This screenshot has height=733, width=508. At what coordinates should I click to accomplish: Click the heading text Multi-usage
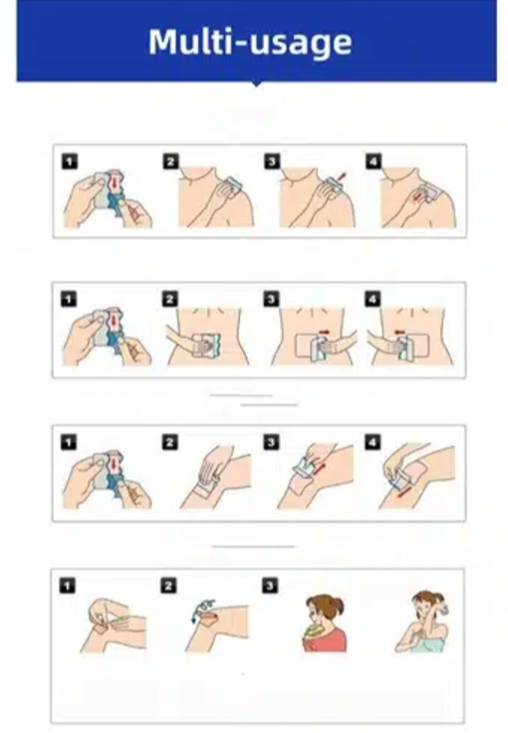(x=250, y=43)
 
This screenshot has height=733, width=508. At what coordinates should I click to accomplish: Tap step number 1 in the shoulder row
(x=69, y=161)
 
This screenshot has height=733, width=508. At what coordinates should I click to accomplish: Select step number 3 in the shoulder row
(x=272, y=161)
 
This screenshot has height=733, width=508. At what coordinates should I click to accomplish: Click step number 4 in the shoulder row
(x=374, y=161)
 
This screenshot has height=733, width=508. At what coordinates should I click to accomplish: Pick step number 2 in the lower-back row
(x=170, y=299)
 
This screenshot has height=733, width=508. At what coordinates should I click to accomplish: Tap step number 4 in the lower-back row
(x=373, y=299)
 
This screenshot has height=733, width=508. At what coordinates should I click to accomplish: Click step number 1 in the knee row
(x=69, y=442)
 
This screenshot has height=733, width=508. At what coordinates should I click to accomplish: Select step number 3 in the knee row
(x=271, y=442)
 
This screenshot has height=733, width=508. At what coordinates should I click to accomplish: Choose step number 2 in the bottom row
(x=168, y=586)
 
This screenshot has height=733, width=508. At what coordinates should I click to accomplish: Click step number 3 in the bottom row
(x=270, y=586)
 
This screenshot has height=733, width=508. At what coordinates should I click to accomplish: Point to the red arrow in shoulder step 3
(x=343, y=176)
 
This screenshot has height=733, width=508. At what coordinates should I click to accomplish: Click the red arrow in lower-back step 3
(x=324, y=332)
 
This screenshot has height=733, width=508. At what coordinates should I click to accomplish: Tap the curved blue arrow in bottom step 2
(x=200, y=608)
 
